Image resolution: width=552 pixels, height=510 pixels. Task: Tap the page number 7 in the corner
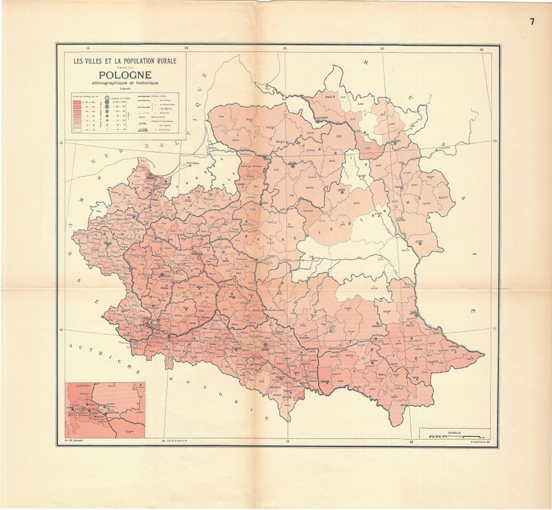[x=532, y=21]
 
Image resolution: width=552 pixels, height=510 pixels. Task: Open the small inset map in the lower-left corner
[x=104, y=411]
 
